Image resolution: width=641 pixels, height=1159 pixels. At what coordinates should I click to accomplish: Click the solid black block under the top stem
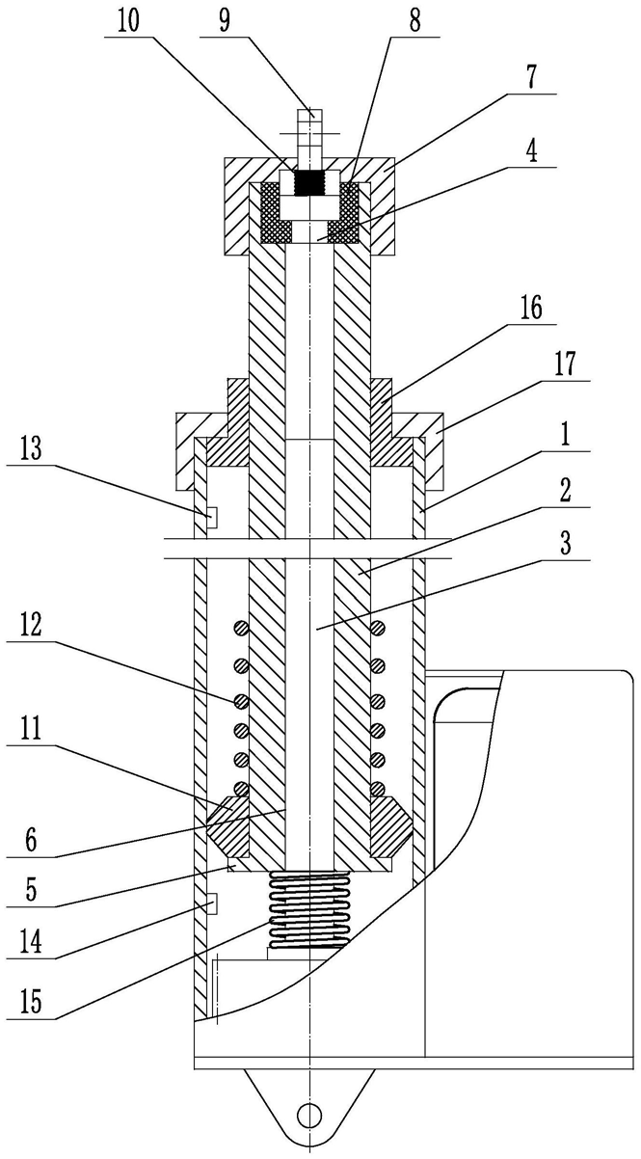pos(310,182)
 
